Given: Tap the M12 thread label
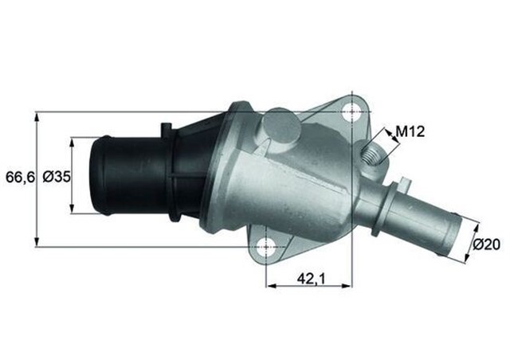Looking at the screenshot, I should pos(411,131).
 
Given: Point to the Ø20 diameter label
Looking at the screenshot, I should pos(485,245).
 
